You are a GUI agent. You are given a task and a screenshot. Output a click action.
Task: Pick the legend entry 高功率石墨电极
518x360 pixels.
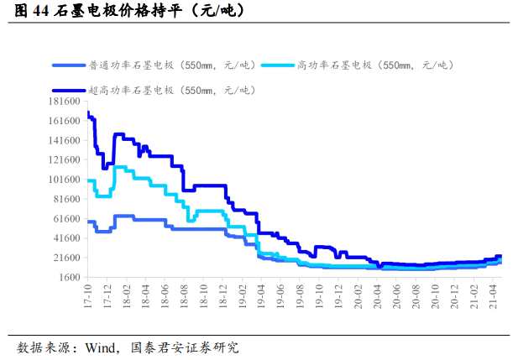click(376, 65)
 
